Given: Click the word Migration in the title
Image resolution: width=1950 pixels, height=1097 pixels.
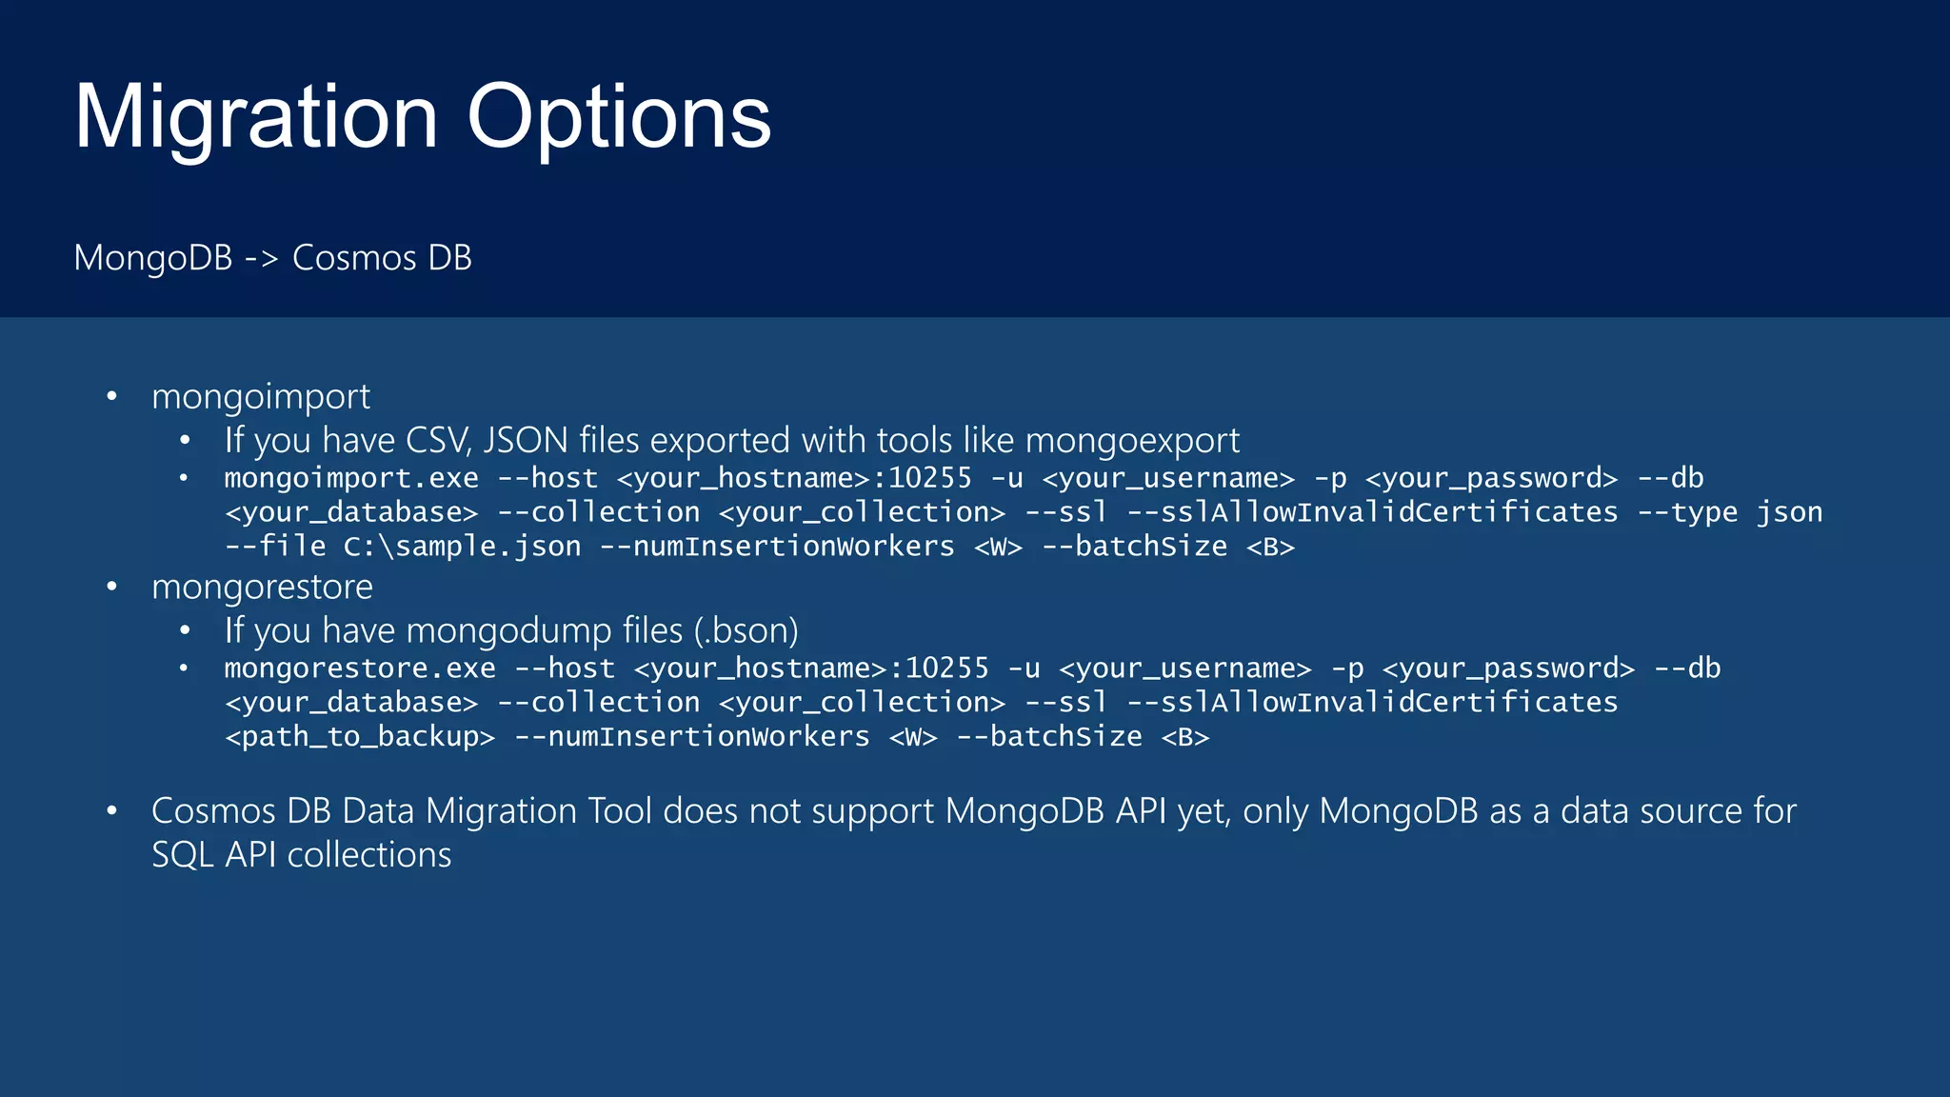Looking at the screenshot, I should point(255,117).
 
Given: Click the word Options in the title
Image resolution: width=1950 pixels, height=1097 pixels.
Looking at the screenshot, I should point(618,117).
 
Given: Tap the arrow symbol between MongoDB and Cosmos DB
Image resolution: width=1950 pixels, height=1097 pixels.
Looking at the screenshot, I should point(261,258).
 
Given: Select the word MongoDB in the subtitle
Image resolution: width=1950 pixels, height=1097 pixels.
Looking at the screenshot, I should point(152,258).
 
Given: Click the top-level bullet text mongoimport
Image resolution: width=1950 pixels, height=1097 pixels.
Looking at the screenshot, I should point(261,397).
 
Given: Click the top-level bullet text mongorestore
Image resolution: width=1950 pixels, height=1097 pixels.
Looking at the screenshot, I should point(262,587).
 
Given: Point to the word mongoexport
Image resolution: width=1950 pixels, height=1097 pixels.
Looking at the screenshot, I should point(1132,441).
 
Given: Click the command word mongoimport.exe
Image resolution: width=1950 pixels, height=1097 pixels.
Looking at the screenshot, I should point(351,478).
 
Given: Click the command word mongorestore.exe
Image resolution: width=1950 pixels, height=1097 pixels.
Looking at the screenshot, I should point(360,668).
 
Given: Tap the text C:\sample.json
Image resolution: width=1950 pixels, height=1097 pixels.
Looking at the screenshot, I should point(462,547).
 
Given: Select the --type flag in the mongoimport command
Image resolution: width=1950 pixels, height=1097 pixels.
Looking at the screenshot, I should point(1687,512).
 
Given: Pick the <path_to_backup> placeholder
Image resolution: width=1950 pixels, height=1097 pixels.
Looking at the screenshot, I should point(360,737).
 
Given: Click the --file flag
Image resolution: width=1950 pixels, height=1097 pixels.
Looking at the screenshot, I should point(275,547).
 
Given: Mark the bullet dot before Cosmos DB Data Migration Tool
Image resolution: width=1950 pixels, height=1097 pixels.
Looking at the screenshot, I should point(112,811).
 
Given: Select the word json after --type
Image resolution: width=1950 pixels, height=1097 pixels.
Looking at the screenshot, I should point(1789,512).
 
